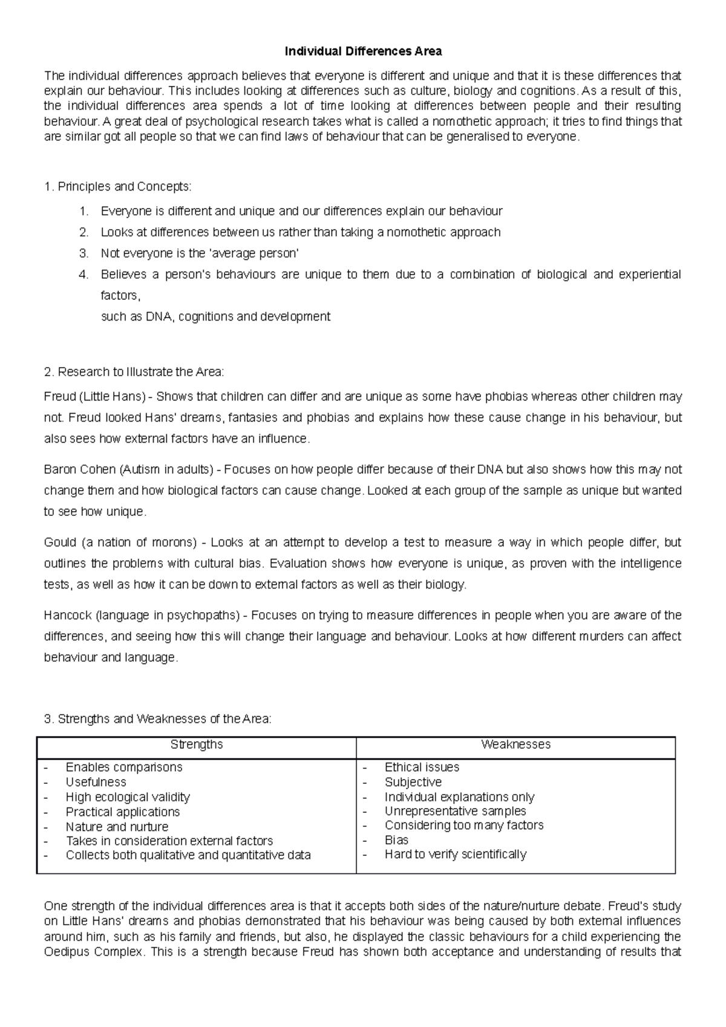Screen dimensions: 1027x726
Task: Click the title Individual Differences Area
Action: pos(363,51)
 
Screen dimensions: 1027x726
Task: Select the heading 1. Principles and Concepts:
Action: pos(118,186)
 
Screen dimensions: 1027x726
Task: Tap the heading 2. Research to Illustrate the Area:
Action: pos(134,371)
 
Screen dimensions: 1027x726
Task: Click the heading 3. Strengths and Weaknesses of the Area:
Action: pos(158,719)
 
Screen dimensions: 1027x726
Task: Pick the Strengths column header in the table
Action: pos(197,745)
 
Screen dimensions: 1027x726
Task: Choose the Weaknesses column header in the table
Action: pos(515,745)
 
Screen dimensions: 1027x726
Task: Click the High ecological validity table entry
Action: pos(128,797)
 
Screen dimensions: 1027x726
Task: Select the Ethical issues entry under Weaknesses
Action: pos(422,767)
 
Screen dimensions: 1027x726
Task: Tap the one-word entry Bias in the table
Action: pos(396,840)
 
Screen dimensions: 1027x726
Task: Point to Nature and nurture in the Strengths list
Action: pos(117,826)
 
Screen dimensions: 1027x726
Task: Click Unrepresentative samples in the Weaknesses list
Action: pos(455,811)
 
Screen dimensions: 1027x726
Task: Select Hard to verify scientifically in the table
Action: pos(455,855)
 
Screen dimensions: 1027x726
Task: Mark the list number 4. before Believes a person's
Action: pos(84,275)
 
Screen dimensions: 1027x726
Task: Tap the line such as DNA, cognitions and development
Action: pos(215,316)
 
